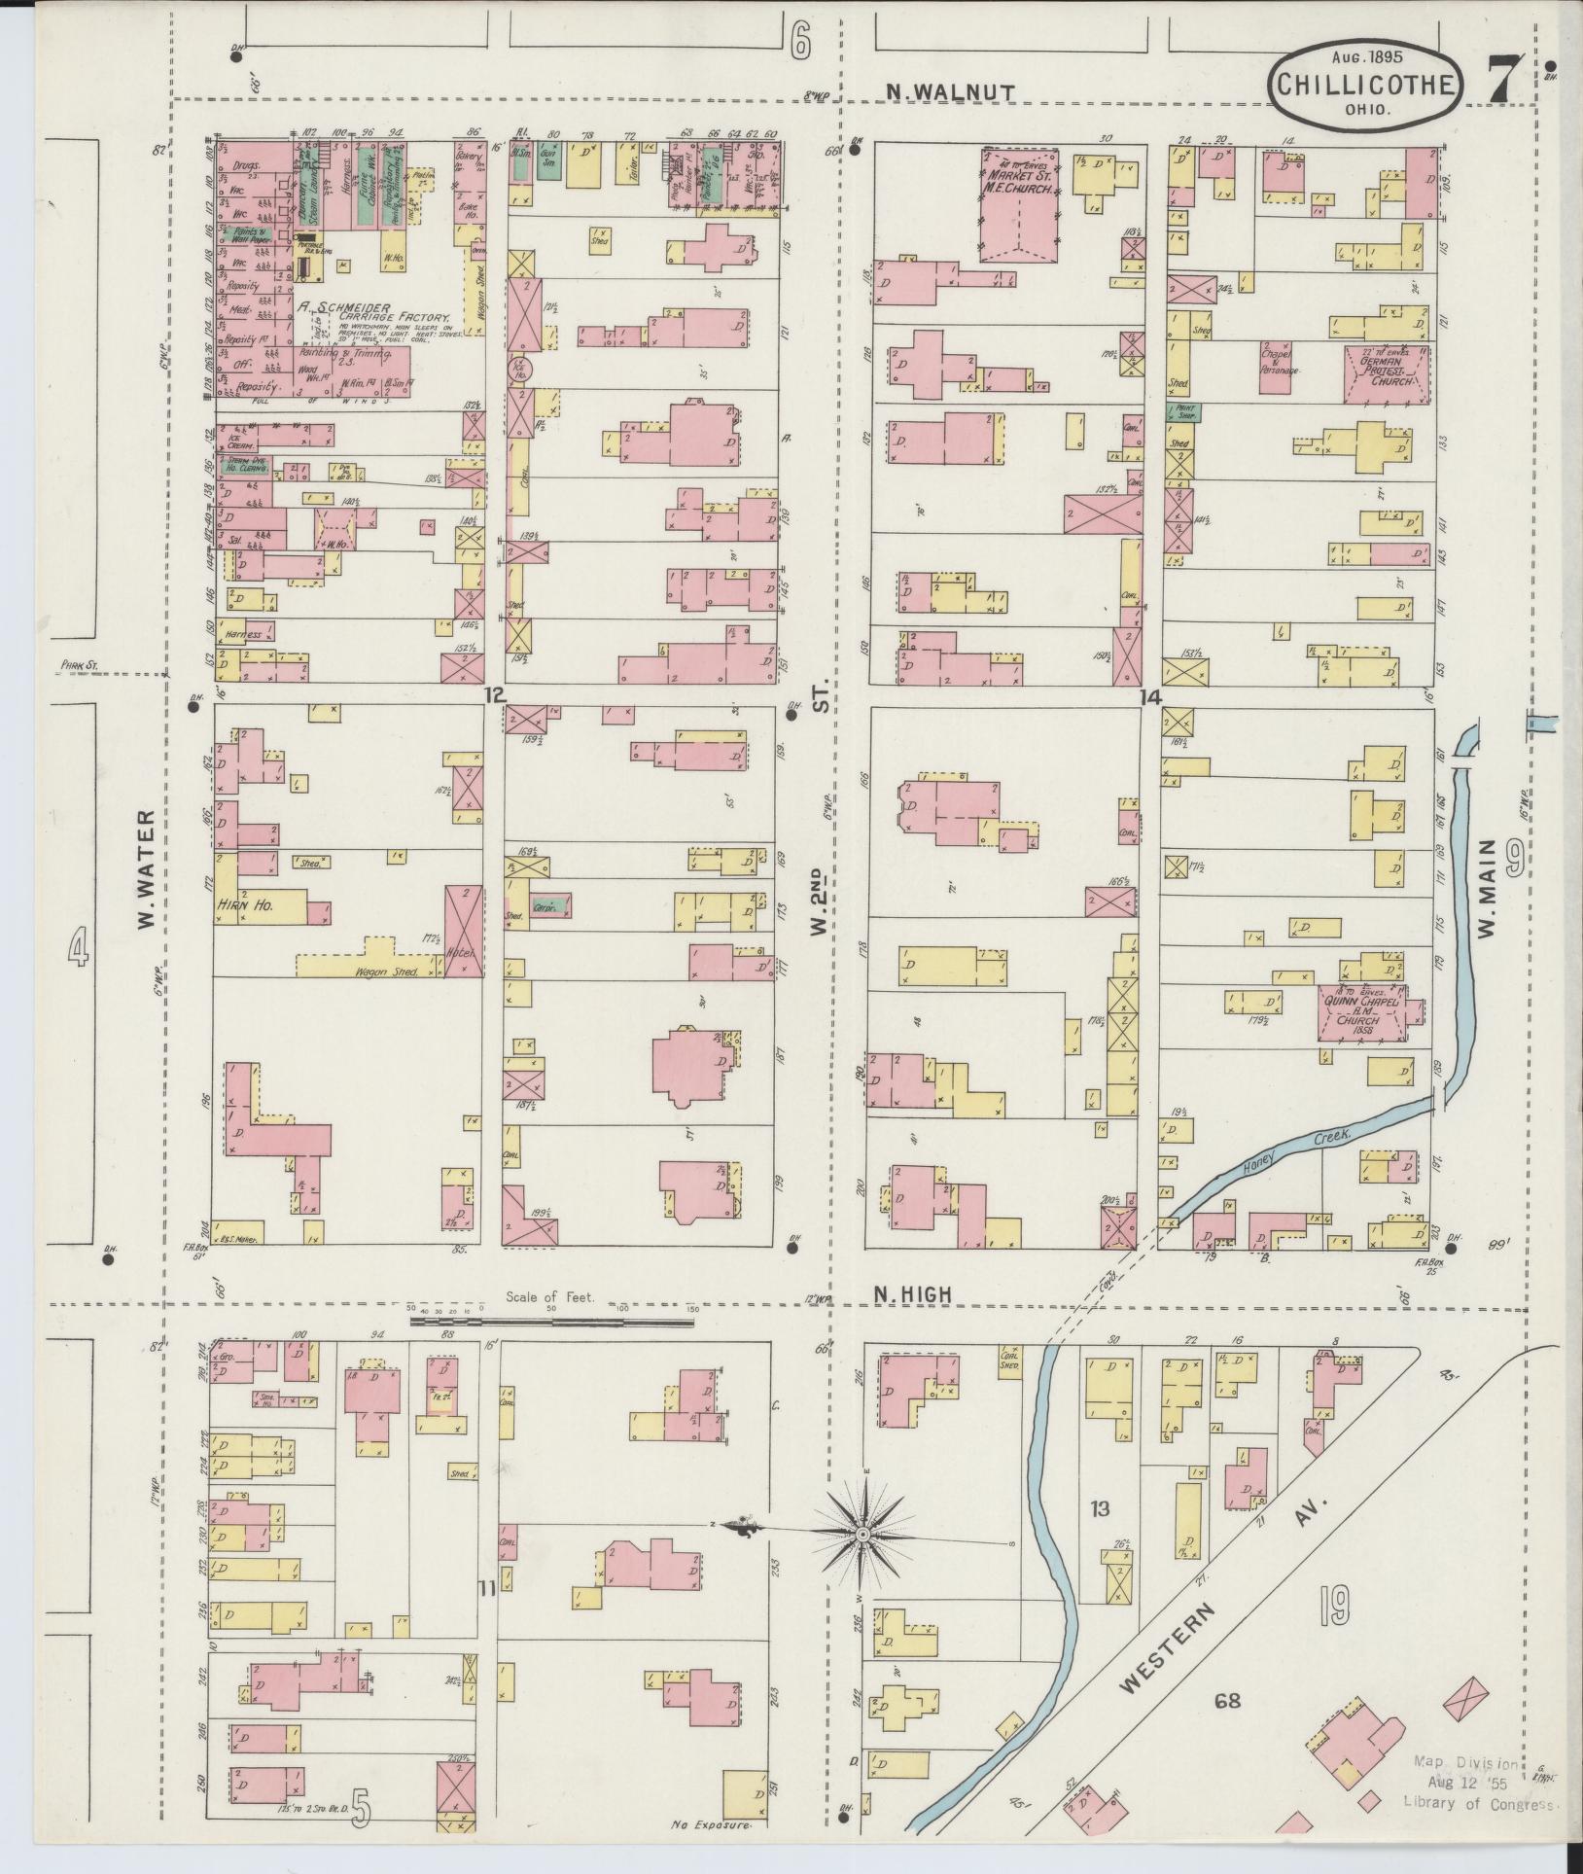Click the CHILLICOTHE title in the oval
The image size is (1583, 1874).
point(1365,86)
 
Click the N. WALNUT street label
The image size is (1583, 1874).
point(951,91)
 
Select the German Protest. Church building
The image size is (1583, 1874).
point(1388,373)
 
